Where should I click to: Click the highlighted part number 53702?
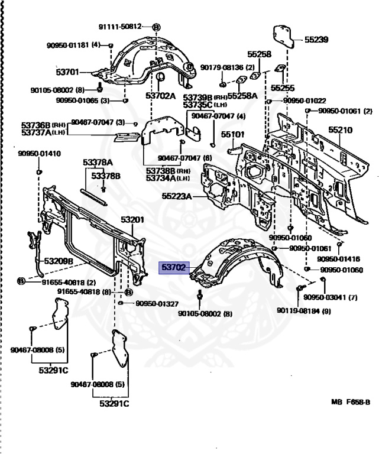[174, 267]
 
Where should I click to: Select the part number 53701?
[67, 73]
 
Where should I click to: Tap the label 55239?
[316, 40]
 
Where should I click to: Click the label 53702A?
[161, 95]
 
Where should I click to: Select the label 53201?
[132, 220]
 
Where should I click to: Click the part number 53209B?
[57, 261]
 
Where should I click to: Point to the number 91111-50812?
[120, 27]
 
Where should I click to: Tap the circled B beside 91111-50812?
[156, 27]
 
